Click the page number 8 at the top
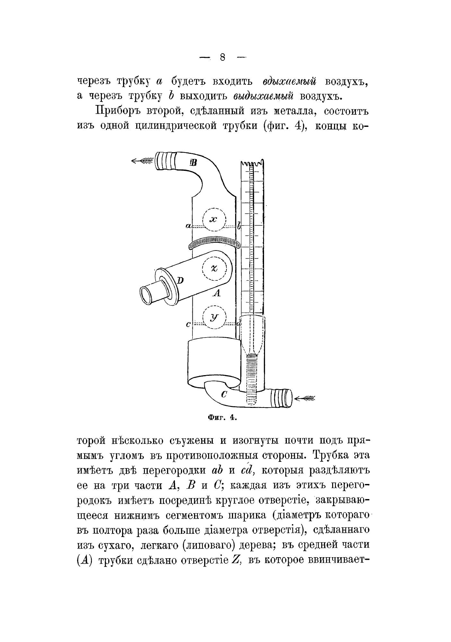tap(223, 57)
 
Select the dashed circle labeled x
tap(214, 219)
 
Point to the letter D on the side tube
tap(180, 280)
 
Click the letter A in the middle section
tap(217, 293)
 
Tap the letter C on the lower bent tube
tap(225, 394)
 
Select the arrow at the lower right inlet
tap(305, 399)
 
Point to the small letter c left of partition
tap(188, 325)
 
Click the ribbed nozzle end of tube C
tap(281, 398)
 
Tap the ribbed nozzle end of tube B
tap(165, 161)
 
